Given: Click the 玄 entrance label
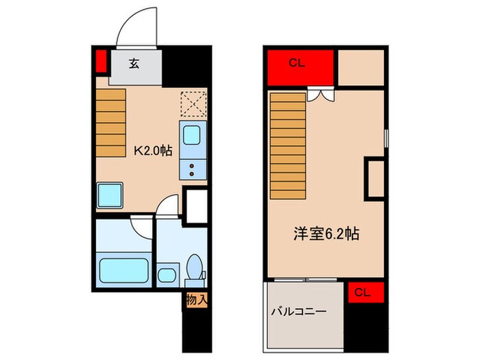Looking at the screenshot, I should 134,64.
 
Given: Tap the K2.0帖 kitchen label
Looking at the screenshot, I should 152,151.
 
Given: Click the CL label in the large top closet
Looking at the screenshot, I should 297,64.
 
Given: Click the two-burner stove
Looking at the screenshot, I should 193,167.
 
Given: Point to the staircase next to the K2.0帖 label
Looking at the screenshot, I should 112,123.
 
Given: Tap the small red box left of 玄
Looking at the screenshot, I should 101,62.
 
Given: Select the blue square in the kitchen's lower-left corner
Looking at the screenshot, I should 110,195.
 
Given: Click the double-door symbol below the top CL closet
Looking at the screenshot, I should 321,94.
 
